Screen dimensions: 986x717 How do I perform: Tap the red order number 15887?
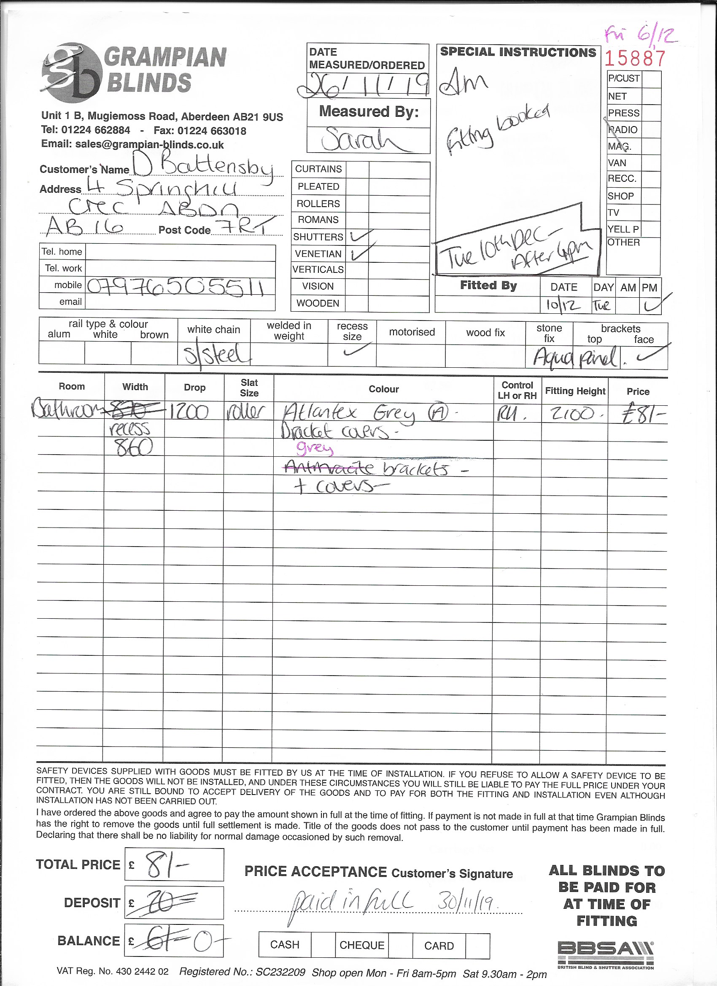coord(635,58)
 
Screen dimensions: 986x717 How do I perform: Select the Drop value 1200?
coord(189,411)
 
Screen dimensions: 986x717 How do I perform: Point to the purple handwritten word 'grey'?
coord(314,448)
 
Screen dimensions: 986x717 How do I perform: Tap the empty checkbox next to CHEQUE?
coord(400,946)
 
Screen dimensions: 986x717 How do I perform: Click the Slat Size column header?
coord(249,388)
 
